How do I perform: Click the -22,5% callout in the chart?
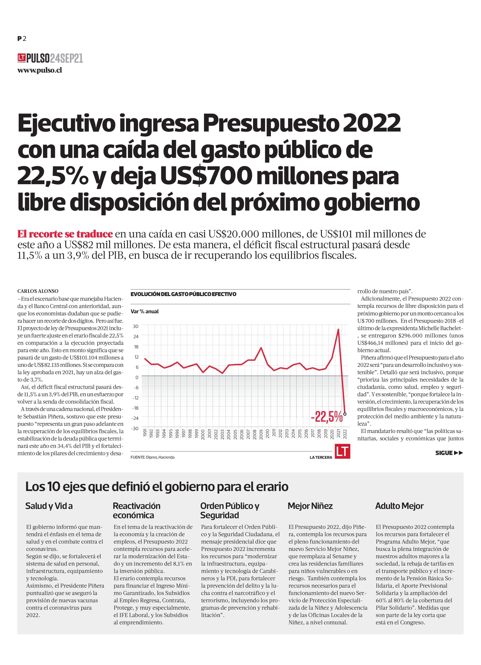[x=327, y=417]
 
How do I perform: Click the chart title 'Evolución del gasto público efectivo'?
[x=183, y=294]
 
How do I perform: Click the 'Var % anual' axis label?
[x=145, y=311]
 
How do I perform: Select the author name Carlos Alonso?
[x=38, y=291]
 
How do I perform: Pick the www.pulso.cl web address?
[x=40, y=70]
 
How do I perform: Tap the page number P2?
[x=22, y=38]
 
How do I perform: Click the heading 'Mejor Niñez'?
[x=310, y=506]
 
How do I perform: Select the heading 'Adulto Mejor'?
[x=399, y=506]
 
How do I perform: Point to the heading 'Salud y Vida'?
[x=49, y=506]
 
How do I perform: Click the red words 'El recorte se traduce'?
[x=65, y=234]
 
